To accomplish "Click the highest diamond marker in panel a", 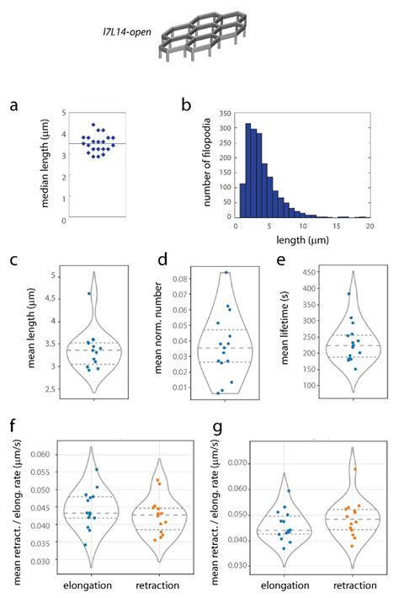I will point(94,125).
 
